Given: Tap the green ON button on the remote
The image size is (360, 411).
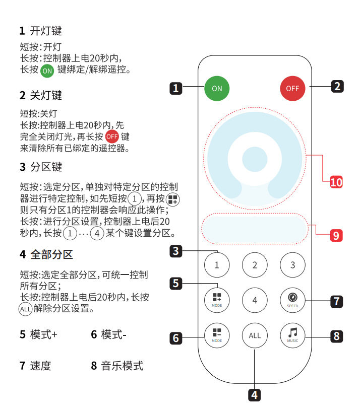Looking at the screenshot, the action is pos(217,88).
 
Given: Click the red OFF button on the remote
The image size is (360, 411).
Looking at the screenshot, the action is pos(292,88).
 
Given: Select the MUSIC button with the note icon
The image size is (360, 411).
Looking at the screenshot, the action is pos(292,335).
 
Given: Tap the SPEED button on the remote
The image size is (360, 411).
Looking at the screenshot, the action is pos(292,300).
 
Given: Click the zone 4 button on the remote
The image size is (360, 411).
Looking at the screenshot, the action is pos(255,300).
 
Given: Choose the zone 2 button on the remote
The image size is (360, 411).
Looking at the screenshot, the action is pos(255,265).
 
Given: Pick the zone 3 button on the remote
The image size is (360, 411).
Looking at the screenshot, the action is pos(292,265).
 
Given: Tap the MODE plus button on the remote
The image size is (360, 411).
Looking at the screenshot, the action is pos(217,300).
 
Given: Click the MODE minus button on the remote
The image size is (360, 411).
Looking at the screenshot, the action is pos(217,335).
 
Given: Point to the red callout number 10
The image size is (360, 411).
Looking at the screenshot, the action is pos(336,182).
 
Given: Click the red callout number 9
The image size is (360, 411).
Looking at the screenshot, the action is pos(336,235).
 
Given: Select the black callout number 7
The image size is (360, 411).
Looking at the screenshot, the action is pos(337,301).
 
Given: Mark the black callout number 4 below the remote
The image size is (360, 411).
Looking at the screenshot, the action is pos(254,395).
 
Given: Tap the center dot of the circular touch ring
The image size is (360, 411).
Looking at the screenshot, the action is pos(255,159).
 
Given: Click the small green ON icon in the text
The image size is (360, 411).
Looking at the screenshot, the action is pos(47,71).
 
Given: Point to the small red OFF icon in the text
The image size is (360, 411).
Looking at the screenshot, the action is pos(112,136).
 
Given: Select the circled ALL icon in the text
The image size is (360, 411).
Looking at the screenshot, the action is pos(25,309).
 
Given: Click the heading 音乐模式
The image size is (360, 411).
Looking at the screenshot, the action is pos(123,366).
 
